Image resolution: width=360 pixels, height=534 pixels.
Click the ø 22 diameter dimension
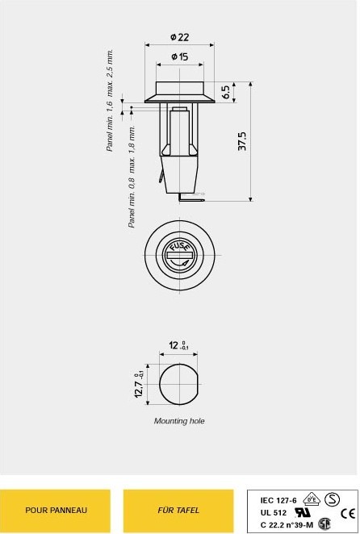click(180, 37)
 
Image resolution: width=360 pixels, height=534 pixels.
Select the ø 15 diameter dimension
click(180, 56)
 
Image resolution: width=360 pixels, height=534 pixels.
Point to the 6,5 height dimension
click(226, 92)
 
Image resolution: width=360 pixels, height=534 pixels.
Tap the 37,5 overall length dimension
click(241, 141)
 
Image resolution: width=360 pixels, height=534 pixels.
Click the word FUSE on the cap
click(179, 245)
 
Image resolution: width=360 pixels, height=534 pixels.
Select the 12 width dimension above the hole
click(178, 345)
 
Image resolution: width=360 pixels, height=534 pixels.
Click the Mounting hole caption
click(179, 421)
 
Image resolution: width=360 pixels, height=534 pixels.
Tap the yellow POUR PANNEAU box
click(55, 511)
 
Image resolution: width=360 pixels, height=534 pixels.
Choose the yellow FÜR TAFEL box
click(178, 511)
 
